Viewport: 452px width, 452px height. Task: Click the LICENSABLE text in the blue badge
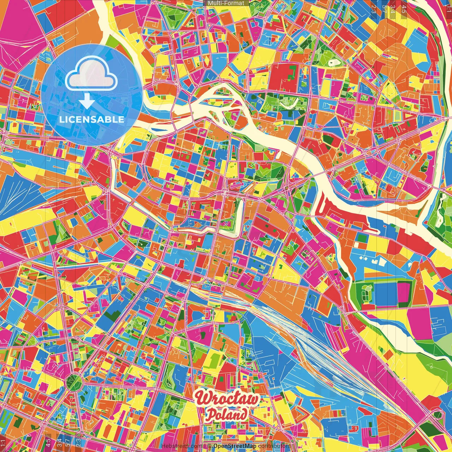[92, 119]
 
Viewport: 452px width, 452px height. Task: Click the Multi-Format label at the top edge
[226, 3]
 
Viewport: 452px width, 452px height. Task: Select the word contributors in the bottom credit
[274, 446]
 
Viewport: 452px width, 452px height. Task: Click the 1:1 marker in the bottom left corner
[3, 443]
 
